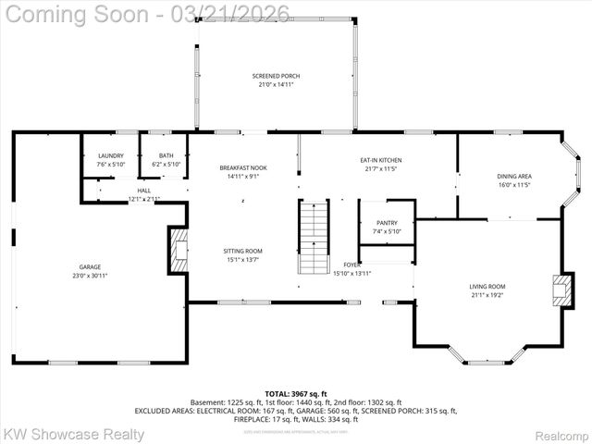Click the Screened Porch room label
pos(276,76)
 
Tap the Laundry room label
pos(110,155)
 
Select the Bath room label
pos(166,155)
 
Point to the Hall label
pos(144,190)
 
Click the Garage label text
pos(90,266)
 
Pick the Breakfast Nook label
pos(243,167)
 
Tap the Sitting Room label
pos(243,251)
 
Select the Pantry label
pos(387,223)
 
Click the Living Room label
pos(487,286)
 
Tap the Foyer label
pos(352,265)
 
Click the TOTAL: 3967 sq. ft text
pos(295,393)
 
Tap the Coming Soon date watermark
pos(145,13)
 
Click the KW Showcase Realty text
pos(74,433)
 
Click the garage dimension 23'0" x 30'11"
pos(90,276)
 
